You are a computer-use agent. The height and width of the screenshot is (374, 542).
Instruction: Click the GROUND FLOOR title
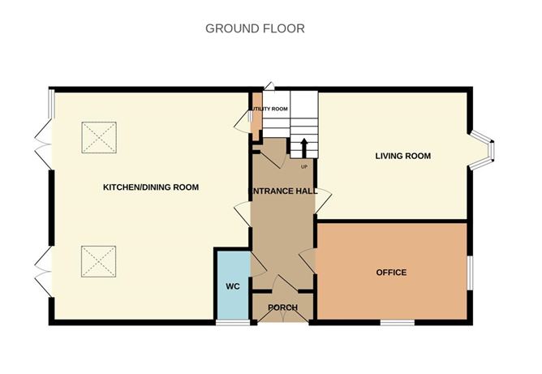click(x=255, y=28)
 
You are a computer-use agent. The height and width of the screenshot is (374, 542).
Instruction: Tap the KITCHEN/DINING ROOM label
click(x=150, y=187)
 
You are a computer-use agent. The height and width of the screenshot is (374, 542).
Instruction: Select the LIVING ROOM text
click(x=402, y=156)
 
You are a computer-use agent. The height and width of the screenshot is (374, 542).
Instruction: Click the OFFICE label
click(x=391, y=272)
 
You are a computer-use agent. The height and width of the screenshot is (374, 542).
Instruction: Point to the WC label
click(x=232, y=286)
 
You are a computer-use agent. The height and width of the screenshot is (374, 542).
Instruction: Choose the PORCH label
click(x=282, y=307)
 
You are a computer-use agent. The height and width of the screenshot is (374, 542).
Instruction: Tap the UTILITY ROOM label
click(x=268, y=109)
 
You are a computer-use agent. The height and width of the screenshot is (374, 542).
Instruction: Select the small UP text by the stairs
click(x=304, y=167)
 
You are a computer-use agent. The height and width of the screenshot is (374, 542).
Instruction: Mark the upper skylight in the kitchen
click(x=99, y=137)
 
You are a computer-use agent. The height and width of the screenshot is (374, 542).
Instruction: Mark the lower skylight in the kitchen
click(x=99, y=261)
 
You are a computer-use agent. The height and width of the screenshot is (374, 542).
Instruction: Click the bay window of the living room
click(x=485, y=153)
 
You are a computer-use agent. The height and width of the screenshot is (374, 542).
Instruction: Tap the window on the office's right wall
click(x=469, y=272)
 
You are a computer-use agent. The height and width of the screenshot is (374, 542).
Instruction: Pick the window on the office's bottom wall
click(x=398, y=323)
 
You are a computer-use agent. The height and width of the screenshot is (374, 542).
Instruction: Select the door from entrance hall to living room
click(x=322, y=199)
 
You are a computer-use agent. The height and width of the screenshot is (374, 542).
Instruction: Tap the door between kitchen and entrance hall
click(x=243, y=216)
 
